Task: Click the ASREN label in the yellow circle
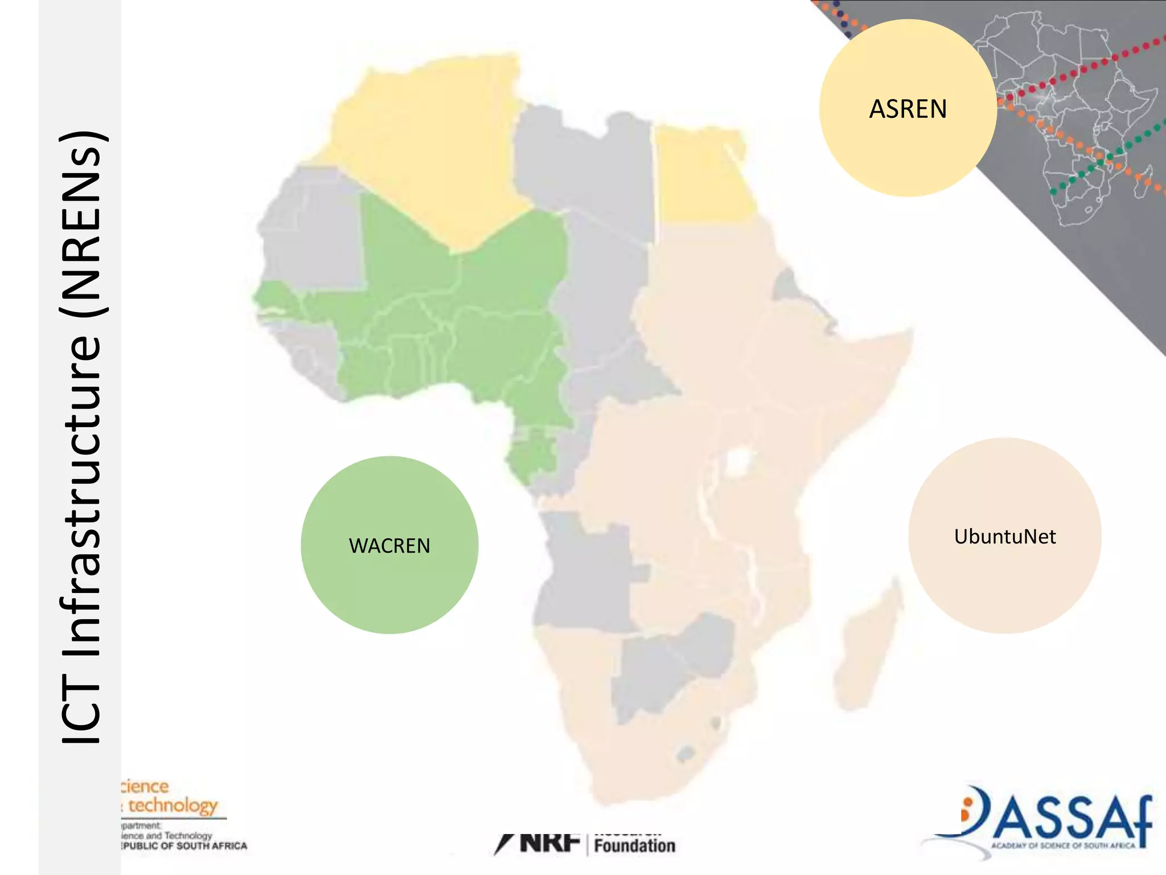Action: coord(908,109)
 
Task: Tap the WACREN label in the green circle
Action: coord(389,546)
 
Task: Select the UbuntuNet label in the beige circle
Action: coord(1005,537)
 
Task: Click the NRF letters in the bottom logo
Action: coord(549,843)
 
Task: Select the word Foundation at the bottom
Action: coord(634,845)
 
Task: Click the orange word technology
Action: coord(173,806)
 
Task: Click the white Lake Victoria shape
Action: coord(738,461)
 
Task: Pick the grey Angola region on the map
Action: coord(584,570)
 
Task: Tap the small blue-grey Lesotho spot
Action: coord(686,754)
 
